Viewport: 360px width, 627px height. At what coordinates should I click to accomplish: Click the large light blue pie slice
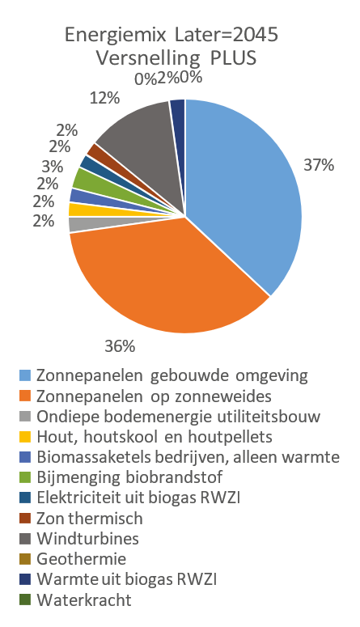243,186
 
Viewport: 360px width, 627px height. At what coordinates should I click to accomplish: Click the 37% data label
319,165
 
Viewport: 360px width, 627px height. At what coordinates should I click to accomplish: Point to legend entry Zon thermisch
89,519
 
